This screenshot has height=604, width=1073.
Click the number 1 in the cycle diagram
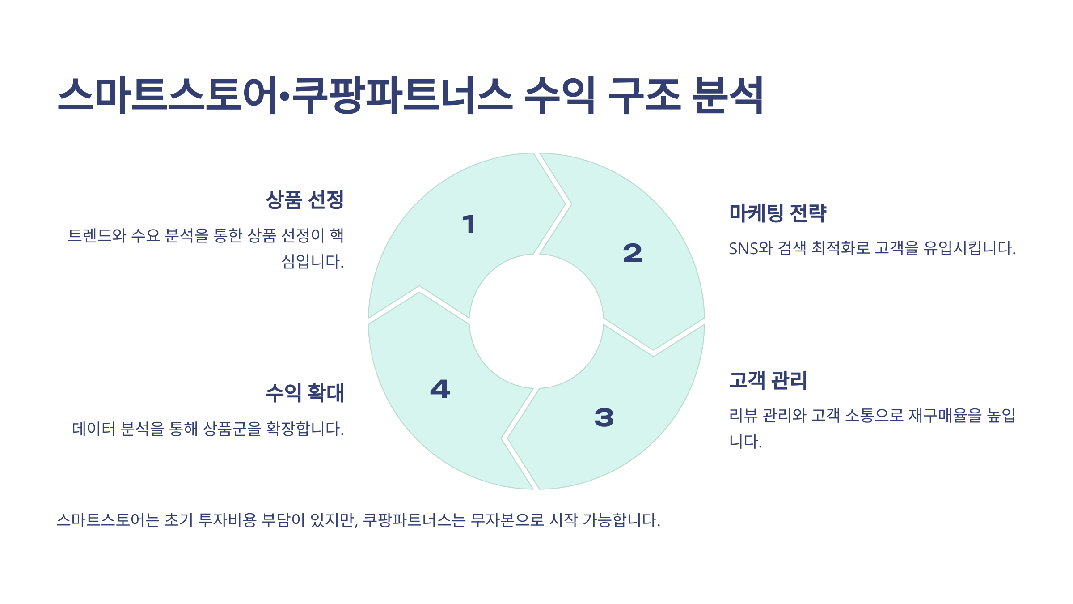[469, 224]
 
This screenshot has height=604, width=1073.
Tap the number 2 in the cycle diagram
[632, 253]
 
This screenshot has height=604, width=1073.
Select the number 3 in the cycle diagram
[604, 417]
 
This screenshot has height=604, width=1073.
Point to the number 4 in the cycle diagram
[440, 389]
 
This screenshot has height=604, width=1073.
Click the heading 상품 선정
[304, 200]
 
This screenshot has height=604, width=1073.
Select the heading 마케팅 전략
[777, 213]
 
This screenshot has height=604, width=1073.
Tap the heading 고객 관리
[768, 380]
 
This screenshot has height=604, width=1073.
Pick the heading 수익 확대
[304, 393]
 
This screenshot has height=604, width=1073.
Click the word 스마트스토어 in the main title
[168, 95]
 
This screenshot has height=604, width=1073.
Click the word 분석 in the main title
[727, 95]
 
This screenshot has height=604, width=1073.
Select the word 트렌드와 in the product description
[97, 235]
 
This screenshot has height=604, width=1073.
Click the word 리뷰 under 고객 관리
[743, 416]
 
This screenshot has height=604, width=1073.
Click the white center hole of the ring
[536, 321]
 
